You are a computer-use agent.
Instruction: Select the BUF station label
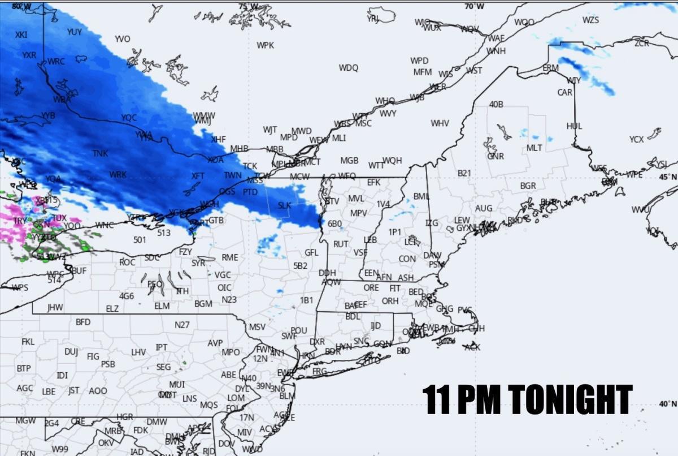click(79, 271)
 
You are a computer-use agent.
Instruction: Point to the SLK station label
click(285, 205)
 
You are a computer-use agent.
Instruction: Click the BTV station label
click(332, 201)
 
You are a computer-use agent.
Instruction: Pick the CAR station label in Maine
click(565, 92)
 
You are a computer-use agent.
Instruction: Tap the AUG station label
click(484, 208)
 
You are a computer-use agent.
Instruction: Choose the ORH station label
click(390, 301)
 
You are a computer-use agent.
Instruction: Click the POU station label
click(298, 330)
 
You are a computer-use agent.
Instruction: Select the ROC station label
click(127, 263)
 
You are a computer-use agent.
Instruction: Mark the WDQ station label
click(349, 68)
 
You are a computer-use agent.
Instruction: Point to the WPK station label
click(265, 45)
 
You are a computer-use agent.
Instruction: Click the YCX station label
click(636, 139)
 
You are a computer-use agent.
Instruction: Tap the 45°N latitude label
click(668, 177)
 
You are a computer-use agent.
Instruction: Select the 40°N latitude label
click(668, 403)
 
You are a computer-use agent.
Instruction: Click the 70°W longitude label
click(474, 6)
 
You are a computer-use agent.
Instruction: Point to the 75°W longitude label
click(247, 6)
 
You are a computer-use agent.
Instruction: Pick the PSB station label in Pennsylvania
click(108, 364)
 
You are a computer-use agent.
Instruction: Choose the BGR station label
click(528, 186)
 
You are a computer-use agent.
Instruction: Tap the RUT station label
click(341, 244)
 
